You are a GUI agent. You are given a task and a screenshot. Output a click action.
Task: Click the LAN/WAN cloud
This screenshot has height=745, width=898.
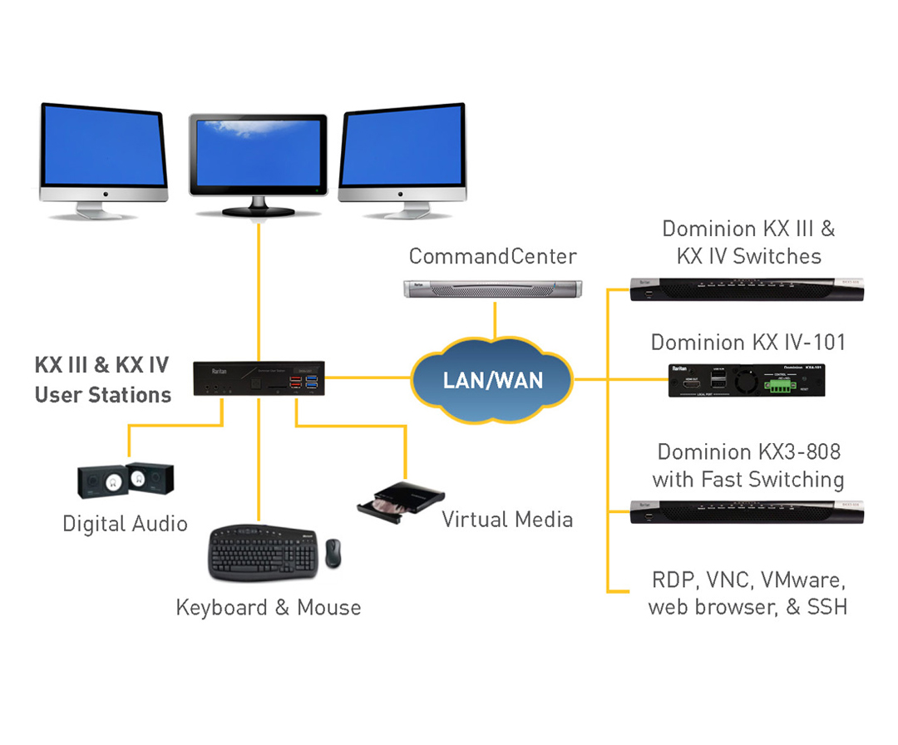click(492, 381)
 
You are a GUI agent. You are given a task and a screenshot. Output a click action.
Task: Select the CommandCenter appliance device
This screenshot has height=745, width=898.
click(491, 289)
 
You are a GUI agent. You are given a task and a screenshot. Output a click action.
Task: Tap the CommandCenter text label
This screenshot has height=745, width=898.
click(492, 255)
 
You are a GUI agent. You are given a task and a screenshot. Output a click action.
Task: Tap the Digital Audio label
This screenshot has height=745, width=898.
click(125, 524)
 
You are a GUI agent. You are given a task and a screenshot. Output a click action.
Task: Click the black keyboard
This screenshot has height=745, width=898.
click(263, 552)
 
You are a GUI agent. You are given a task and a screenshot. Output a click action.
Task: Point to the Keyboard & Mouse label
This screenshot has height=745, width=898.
click(269, 608)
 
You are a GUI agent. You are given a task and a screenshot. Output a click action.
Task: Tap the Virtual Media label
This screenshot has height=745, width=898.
click(507, 521)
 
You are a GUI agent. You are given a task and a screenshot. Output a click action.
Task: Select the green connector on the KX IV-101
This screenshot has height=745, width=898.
click(783, 385)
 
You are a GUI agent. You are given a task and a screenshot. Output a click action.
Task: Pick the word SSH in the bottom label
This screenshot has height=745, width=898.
click(827, 607)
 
